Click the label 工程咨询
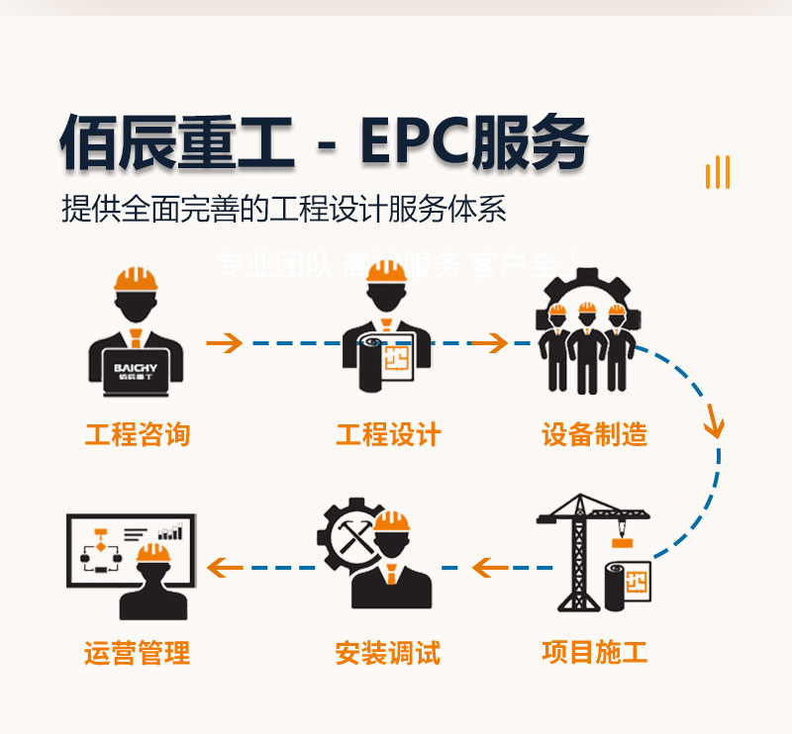point(138,433)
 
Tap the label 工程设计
point(389,433)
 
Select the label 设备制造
point(595,433)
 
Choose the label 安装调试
point(388,652)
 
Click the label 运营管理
point(138,652)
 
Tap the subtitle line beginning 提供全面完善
point(283,210)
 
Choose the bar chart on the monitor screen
point(170,532)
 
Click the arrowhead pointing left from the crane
point(483,568)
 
